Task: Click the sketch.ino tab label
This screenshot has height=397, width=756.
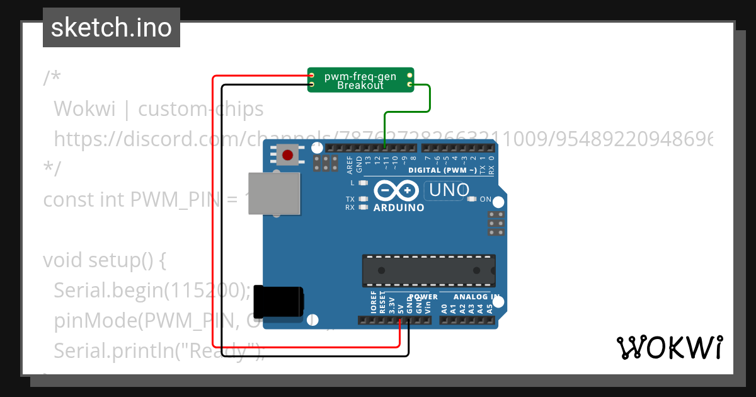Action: tap(111, 28)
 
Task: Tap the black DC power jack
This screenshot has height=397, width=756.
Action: tap(282, 302)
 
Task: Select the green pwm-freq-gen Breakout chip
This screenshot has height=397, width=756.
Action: tap(360, 80)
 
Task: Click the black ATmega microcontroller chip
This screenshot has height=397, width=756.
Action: tap(428, 270)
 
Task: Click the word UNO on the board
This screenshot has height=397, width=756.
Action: tap(449, 190)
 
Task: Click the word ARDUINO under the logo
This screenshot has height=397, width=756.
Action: tap(399, 207)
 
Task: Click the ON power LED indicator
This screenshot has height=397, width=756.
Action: tap(471, 199)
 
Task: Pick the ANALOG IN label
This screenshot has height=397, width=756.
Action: tap(477, 297)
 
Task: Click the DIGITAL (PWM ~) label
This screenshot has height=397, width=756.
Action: tap(443, 170)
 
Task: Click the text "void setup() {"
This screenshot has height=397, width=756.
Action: tap(105, 260)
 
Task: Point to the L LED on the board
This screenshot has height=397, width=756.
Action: tap(362, 183)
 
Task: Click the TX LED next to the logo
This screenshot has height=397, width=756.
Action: tap(362, 199)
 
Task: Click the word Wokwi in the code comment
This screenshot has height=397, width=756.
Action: tap(84, 109)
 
